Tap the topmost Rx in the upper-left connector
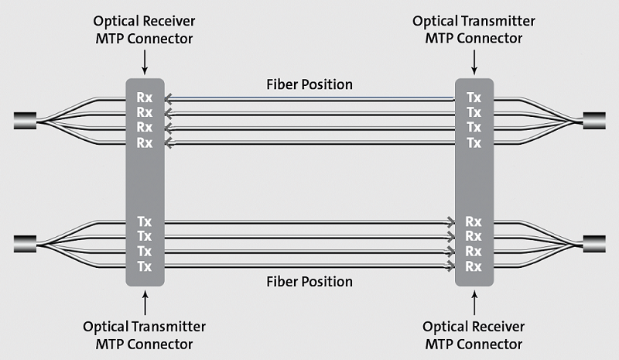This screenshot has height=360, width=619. [145, 98]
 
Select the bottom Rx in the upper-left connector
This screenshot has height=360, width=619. [145, 142]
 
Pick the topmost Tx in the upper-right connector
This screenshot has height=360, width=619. [474, 98]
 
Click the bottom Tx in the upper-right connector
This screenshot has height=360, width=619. [474, 142]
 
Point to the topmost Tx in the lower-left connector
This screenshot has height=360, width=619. [145, 221]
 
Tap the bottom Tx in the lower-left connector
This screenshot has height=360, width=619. [145, 266]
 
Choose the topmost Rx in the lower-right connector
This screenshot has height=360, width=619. [474, 221]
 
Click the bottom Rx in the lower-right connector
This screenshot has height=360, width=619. [474, 266]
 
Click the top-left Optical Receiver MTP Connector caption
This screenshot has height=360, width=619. [144, 29]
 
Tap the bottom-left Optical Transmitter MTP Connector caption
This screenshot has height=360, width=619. [144, 334]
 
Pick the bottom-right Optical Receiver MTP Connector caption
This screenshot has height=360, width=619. [474, 334]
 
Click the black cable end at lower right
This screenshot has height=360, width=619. [593, 243]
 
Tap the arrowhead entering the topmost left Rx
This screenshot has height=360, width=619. [169, 98]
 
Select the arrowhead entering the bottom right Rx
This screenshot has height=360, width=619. [451, 266]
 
